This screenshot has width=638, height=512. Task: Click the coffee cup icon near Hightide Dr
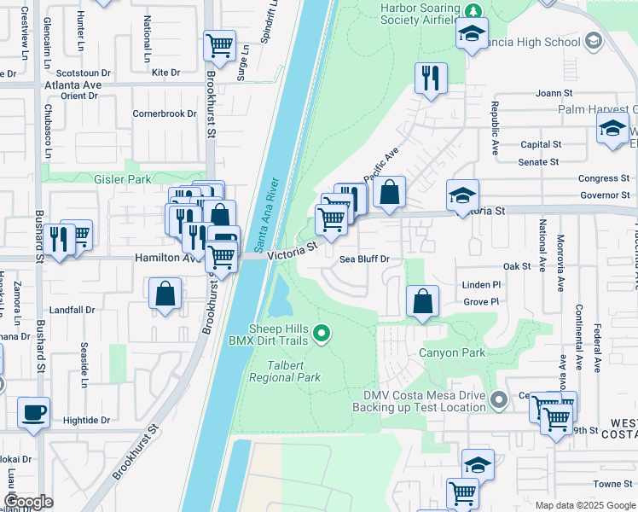pyautogui.click(x=34, y=413)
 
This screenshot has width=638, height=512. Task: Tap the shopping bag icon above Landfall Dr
pyautogui.click(x=165, y=294)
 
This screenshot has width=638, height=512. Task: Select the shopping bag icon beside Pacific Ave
pyautogui.click(x=389, y=193)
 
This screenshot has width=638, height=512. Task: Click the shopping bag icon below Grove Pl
pyautogui.click(x=422, y=301)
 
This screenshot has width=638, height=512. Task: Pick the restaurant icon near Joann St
pyautogui.click(x=431, y=78)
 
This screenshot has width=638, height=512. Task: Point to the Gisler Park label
pyautogui.click(x=123, y=179)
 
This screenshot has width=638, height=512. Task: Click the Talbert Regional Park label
pyautogui.click(x=284, y=371)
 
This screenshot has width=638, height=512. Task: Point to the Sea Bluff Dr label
pyautogui.click(x=364, y=259)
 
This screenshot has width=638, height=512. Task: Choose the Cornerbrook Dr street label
pyautogui.click(x=165, y=113)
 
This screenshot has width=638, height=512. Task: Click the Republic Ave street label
pyautogui.click(x=494, y=128)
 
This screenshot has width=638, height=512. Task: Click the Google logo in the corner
pyautogui.click(x=28, y=502)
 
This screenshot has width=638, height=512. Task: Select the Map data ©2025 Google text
pyautogui.click(x=585, y=504)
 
